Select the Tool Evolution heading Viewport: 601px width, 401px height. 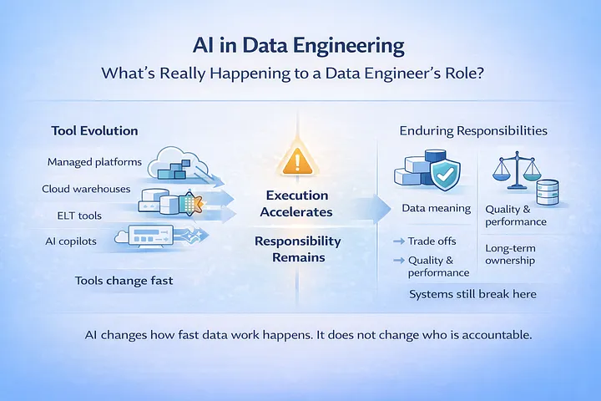pyautogui.click(x=94, y=131)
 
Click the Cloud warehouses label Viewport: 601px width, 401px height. pyautogui.click(x=86, y=189)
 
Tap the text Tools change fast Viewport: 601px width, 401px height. pyautogui.click(x=124, y=280)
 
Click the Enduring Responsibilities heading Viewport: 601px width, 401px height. pyautogui.click(x=473, y=131)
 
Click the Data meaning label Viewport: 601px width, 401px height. pyautogui.click(x=436, y=209)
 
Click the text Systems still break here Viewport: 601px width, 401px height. pyautogui.click(x=472, y=294)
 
